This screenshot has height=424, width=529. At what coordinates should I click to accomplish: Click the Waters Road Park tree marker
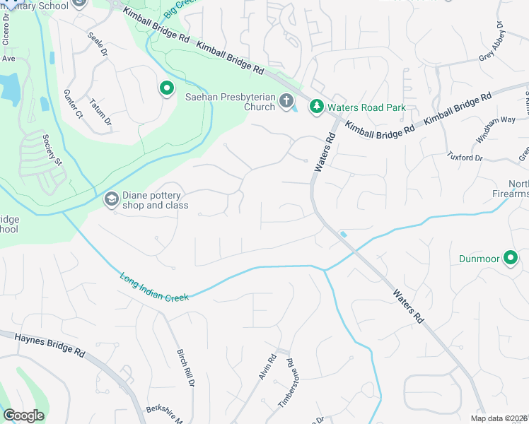click(x=317, y=107)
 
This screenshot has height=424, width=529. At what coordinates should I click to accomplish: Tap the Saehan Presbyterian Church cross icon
click(x=286, y=101)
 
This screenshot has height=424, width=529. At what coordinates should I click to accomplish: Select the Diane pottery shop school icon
click(x=111, y=200)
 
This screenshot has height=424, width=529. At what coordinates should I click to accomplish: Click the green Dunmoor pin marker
click(x=510, y=259)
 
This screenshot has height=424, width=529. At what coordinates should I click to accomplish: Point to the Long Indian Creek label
click(x=154, y=288)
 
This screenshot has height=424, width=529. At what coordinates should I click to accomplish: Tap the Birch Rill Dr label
click(x=185, y=367)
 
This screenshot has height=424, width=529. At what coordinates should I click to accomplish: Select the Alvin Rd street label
click(x=266, y=367)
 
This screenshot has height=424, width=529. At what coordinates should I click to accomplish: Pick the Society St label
click(x=52, y=150)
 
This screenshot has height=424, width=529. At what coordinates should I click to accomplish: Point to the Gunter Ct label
click(x=73, y=104)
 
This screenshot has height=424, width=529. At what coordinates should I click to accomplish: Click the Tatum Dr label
click(x=101, y=113)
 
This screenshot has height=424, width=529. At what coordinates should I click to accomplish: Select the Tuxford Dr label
click(x=465, y=156)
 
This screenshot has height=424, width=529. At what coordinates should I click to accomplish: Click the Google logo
click(x=23, y=416)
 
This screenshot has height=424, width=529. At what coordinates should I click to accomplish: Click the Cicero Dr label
click(x=7, y=34)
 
